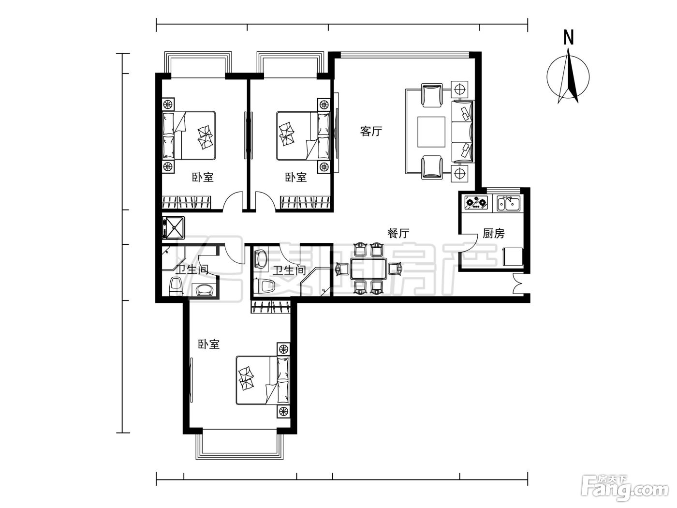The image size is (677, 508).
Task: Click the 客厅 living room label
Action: [371, 131]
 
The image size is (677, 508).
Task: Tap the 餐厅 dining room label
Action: [398, 233]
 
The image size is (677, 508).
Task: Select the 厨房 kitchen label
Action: [494, 234]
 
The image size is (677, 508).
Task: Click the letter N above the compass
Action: [568, 38]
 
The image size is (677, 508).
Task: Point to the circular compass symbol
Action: [568, 77]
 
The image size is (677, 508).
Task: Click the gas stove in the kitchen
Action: [476, 203]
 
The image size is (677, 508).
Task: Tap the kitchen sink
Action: [508, 203]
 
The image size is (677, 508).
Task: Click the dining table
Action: [368, 269]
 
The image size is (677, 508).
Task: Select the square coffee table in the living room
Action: [431, 132]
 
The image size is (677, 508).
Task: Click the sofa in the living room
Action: [462, 131]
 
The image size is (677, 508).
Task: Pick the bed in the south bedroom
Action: [263, 380]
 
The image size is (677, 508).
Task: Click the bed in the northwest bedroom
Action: [189, 135]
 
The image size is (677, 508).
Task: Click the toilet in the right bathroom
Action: [264, 286]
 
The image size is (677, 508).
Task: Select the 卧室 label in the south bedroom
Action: [208, 344]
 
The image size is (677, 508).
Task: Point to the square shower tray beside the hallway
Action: [174, 228]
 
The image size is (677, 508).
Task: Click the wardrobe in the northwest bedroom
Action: [187, 203]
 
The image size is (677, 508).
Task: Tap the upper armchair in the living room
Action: [432, 95]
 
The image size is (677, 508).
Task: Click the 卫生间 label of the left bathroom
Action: [192, 269]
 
